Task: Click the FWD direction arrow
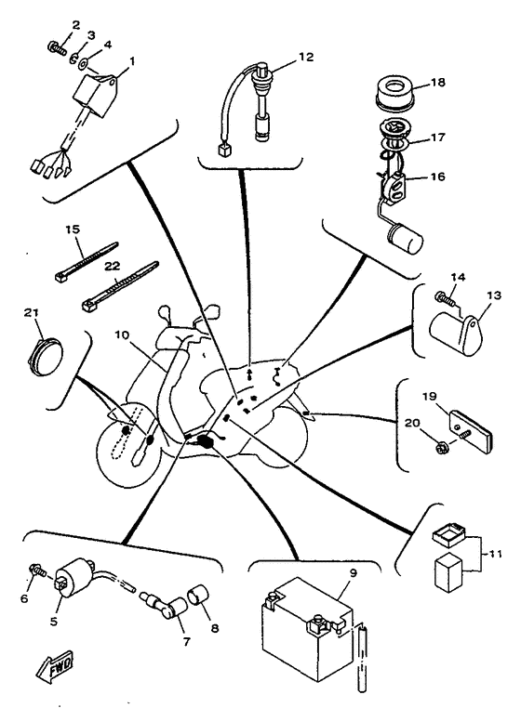(x=54, y=664)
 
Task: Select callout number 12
(x=306, y=58)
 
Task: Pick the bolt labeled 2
(x=57, y=47)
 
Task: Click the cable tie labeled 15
(x=87, y=262)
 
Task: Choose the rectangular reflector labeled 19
(x=470, y=431)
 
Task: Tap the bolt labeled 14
(x=446, y=298)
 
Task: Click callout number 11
(x=495, y=554)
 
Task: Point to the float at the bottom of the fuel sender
(x=406, y=240)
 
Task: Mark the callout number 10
(x=122, y=335)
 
